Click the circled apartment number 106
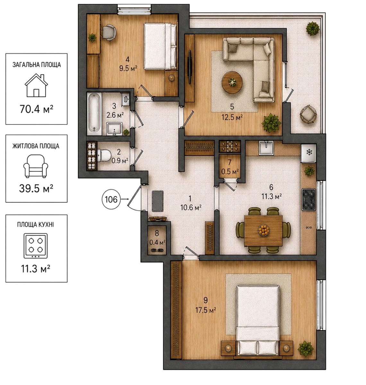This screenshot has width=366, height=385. [111, 199]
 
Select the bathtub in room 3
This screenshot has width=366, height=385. [94, 114]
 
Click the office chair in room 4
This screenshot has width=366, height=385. [109, 32]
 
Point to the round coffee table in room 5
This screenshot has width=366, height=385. [232, 82]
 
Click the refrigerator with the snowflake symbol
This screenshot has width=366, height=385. [309, 153]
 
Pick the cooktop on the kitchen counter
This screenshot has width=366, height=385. [309, 199]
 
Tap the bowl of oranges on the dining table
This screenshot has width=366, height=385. [264, 229]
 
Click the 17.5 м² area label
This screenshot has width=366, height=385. [206, 310]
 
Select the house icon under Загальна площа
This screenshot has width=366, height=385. [36, 85]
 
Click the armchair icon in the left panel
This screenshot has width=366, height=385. [36, 166]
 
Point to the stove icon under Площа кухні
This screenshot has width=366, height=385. [36, 245]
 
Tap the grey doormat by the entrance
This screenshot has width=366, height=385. [157, 201]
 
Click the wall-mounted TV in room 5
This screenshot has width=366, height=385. [189, 67]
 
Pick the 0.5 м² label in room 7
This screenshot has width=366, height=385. [230, 172]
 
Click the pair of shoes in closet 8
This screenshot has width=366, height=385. [157, 250]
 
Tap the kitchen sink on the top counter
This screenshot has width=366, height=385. [266, 148]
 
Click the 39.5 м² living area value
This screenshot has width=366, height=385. [36, 189]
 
